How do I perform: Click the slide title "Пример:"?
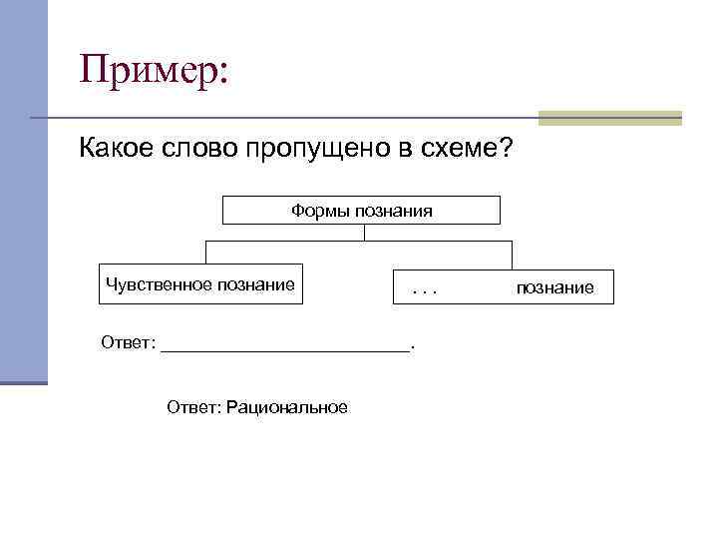pyautogui.click(x=155, y=70)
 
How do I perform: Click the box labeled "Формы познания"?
pyautogui.click(x=361, y=211)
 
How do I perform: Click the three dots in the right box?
pyautogui.click(x=425, y=288)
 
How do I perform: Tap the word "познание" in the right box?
pyautogui.click(x=554, y=288)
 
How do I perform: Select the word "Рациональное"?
pyautogui.click(x=287, y=407)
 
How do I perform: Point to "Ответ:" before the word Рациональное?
pyautogui.click(x=194, y=407)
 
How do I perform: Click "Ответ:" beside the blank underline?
pyautogui.click(x=129, y=343)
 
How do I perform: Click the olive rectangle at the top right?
pyautogui.click(x=609, y=118)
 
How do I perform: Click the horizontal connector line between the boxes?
pyautogui.click(x=359, y=242)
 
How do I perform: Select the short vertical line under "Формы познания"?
pyautogui.click(x=365, y=233)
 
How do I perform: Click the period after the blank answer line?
pyautogui.click(x=413, y=346)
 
